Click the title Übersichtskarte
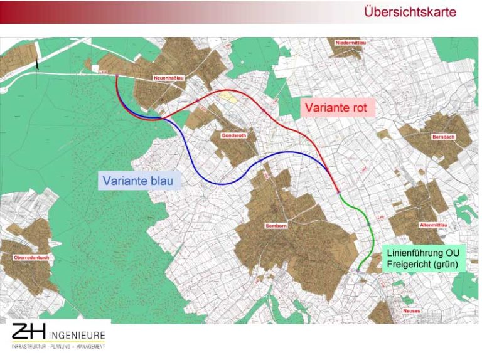(x=410, y=13)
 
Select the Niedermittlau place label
(x=351, y=42)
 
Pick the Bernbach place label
(x=442, y=137)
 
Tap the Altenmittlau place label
(x=431, y=225)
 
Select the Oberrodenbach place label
(x=30, y=257)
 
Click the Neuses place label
(x=412, y=310)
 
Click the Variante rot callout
(x=340, y=107)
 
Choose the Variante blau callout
(x=140, y=181)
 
